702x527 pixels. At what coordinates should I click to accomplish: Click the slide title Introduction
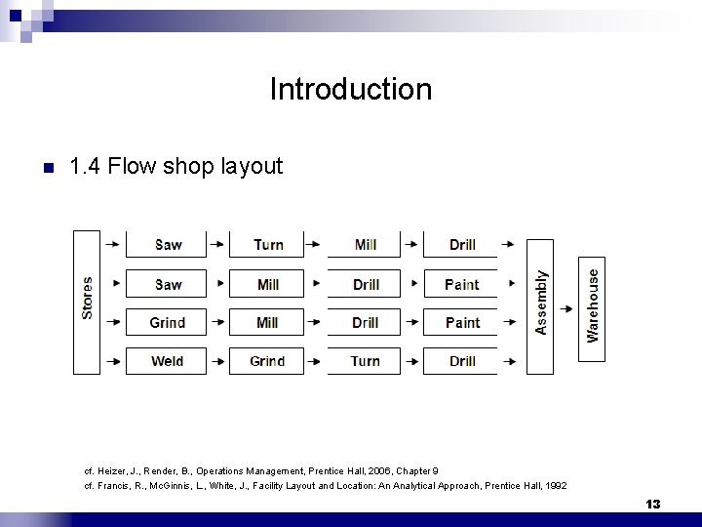pos(350,90)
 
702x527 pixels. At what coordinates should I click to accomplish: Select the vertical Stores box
pos(87,302)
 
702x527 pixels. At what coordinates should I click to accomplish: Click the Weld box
pos(167,361)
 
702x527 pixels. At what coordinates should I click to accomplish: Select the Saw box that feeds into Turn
pos(167,244)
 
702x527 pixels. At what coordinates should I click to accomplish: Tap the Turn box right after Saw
pos(267,244)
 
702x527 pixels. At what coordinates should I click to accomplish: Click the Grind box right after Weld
pos(267,361)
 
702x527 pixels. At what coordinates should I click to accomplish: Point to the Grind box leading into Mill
pos(167,323)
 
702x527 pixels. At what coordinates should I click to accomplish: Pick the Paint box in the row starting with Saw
pos(461,284)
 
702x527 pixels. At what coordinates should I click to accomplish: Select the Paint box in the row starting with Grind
pos(461,323)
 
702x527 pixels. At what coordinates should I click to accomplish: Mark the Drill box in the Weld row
pos(461,361)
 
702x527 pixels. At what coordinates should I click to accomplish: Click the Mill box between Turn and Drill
pos(365,244)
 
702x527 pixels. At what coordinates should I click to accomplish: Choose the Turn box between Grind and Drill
pos(365,361)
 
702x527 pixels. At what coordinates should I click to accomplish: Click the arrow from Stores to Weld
pos(113,361)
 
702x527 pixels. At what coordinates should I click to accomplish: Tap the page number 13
pos(652,504)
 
